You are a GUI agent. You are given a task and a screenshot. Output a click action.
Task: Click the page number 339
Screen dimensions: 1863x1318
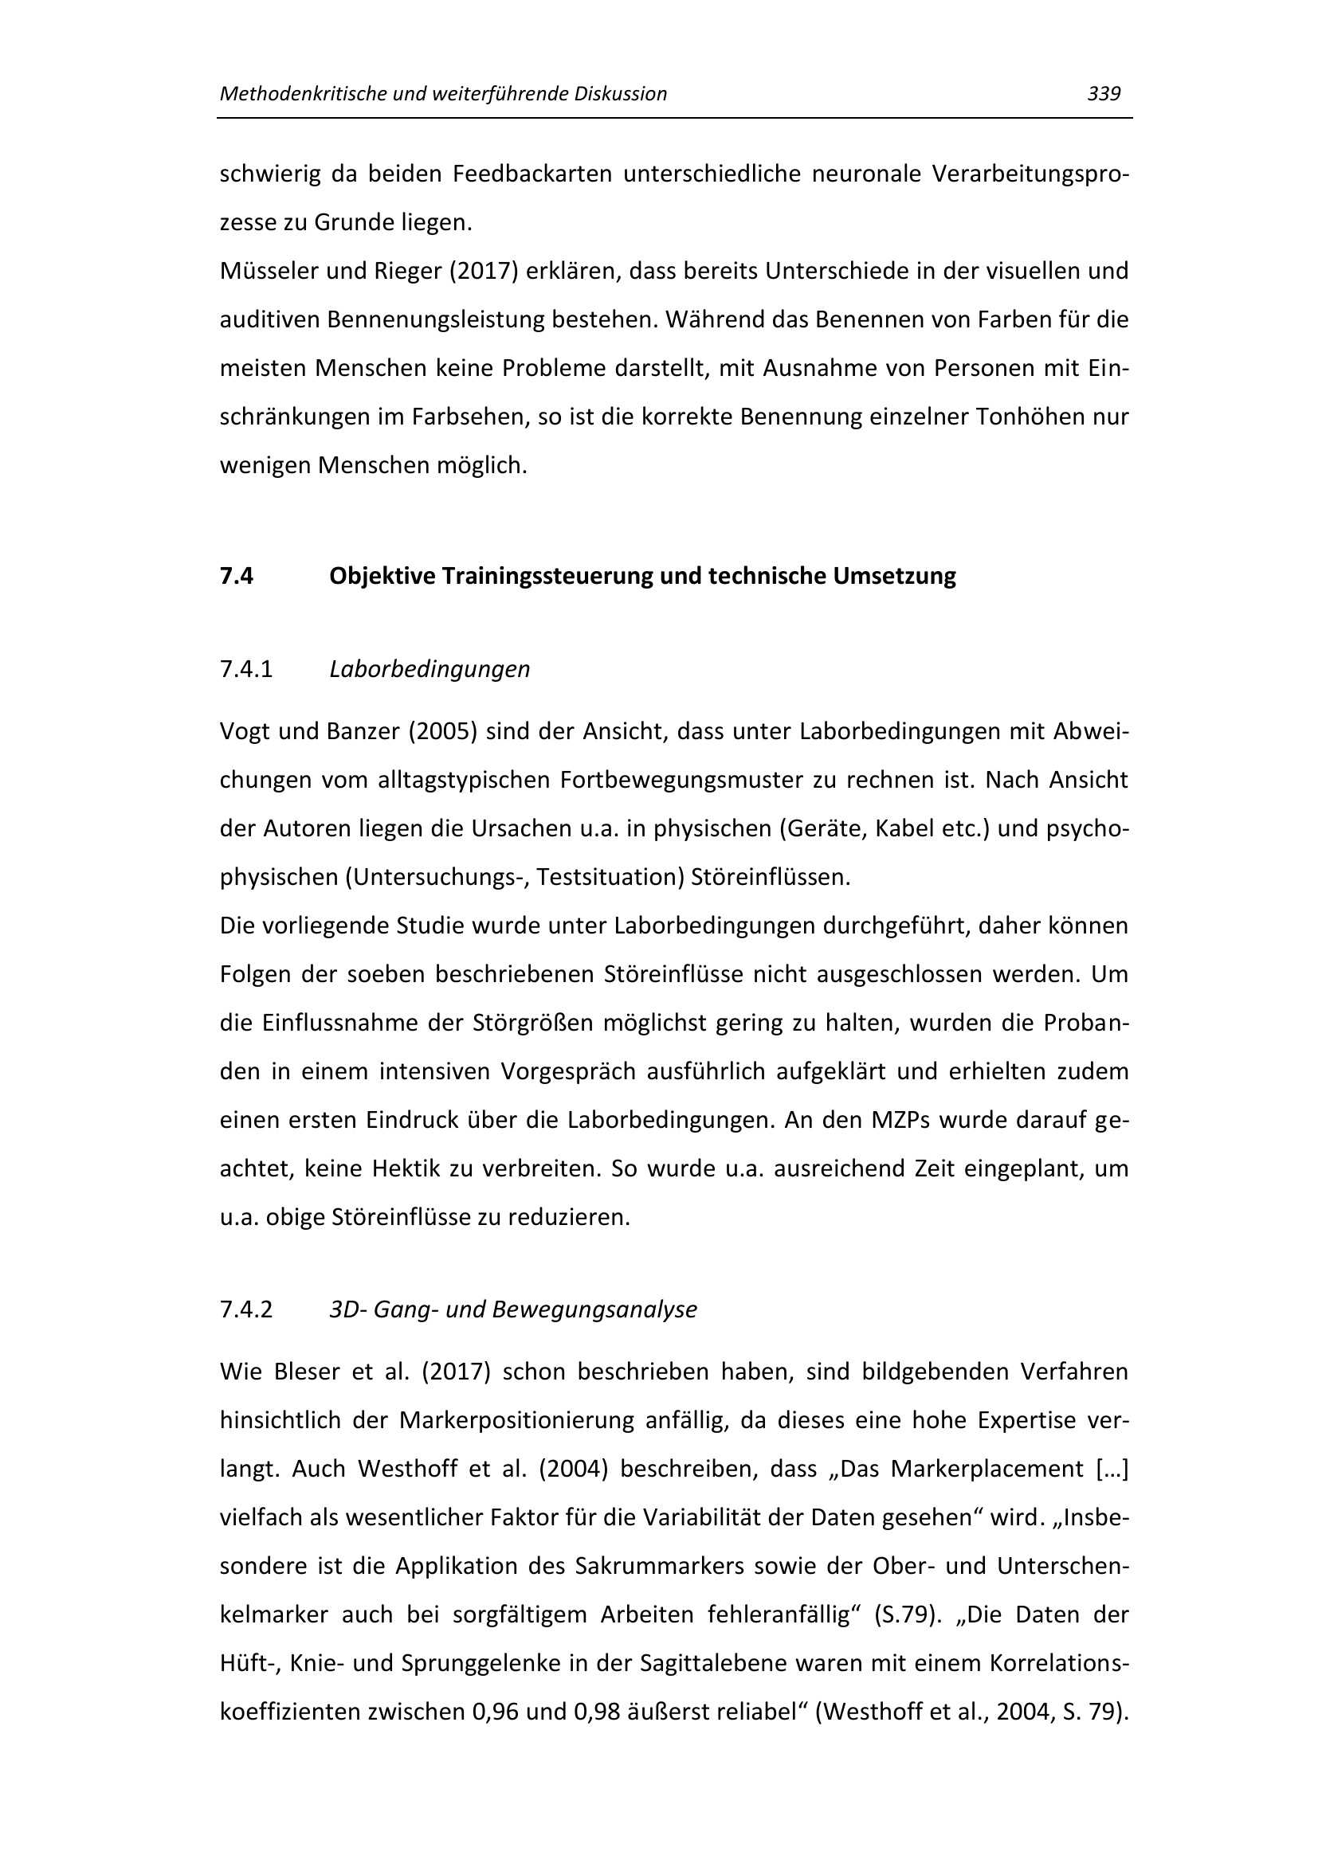click(x=1104, y=94)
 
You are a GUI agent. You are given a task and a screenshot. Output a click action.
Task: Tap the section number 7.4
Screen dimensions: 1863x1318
click(x=236, y=576)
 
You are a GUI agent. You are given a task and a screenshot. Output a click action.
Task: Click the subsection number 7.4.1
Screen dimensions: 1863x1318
click(x=246, y=669)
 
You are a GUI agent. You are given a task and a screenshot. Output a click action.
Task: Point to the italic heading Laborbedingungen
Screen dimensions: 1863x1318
click(x=430, y=669)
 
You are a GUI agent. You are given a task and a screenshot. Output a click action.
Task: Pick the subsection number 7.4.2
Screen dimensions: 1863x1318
click(x=246, y=1309)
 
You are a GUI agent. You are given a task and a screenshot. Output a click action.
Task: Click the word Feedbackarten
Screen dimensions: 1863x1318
click(x=532, y=174)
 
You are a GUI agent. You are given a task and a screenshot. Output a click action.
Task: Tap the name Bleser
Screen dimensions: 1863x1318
click(x=306, y=1372)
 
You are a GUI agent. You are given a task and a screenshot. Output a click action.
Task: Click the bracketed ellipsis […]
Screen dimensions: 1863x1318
click(x=1112, y=1470)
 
